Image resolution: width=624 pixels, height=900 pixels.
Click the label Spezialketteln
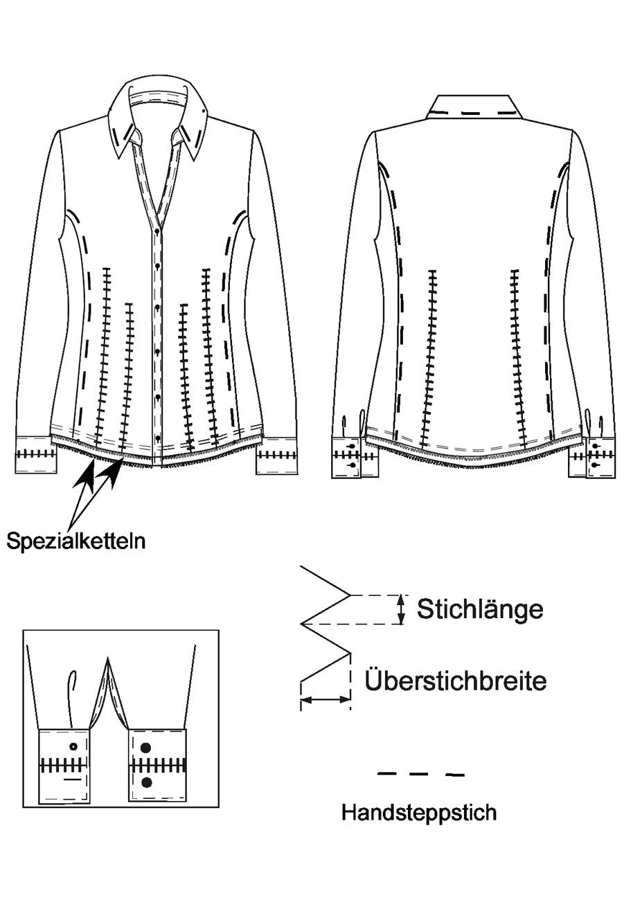[76, 541]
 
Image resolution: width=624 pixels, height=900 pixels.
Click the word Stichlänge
[480, 609]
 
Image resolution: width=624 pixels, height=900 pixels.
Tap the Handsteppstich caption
[419, 812]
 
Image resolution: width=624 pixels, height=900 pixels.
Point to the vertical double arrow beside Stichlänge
[400, 609]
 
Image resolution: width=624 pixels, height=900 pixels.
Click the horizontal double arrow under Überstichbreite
[326, 700]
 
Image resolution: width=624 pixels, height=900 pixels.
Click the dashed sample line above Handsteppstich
[420, 773]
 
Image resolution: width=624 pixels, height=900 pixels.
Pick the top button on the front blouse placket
[157, 266]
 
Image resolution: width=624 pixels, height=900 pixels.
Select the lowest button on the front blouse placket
[157, 438]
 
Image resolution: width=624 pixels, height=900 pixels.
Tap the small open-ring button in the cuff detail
[73, 746]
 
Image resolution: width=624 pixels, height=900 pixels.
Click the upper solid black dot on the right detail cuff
[146, 747]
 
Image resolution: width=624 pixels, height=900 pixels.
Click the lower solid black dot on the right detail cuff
[147, 782]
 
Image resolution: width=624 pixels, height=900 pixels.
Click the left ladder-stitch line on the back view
[428, 359]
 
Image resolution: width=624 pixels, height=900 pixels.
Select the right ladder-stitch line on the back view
[518, 359]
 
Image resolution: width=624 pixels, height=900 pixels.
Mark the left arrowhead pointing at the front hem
[87, 476]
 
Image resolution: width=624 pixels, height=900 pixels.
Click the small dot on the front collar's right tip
[205, 111]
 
